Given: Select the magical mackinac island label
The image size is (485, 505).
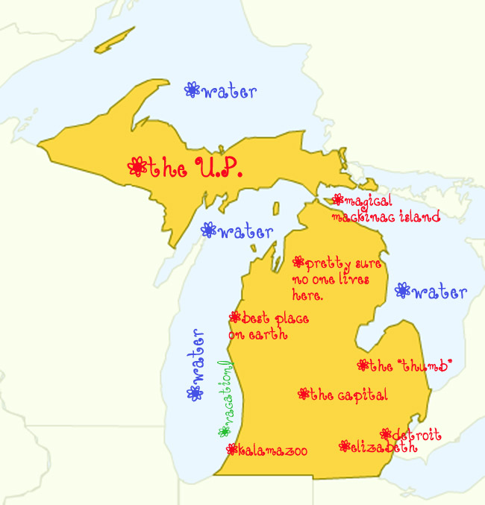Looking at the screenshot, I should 386,209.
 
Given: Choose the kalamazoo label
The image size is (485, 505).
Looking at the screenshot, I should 272,450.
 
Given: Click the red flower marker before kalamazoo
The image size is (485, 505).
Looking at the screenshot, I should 231,449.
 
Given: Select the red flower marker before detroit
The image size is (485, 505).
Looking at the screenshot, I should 385,433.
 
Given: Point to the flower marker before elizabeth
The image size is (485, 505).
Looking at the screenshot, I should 344,446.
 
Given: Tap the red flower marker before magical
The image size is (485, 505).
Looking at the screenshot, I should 338,200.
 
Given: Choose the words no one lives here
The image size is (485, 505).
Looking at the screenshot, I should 334,286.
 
